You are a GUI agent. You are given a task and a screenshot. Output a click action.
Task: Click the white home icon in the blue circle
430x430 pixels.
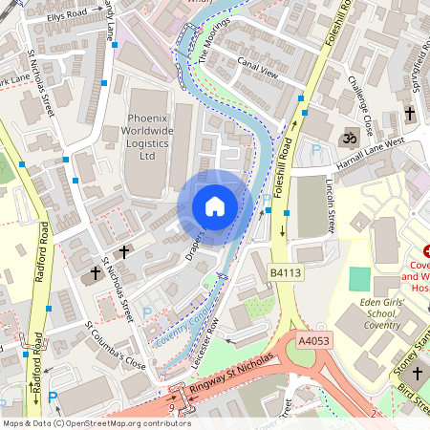click(x=215, y=205)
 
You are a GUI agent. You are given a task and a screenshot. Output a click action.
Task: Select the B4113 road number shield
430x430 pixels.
click(x=285, y=273)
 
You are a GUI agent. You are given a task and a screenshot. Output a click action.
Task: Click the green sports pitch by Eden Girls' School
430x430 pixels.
click(x=359, y=279)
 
